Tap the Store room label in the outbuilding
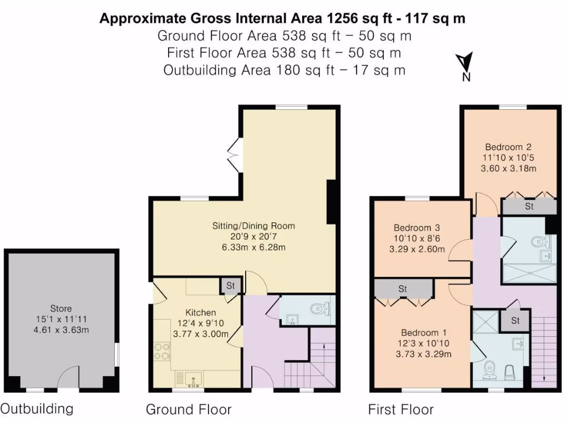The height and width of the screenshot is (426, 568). (x=61, y=308)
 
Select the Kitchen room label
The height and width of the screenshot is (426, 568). (x=201, y=313)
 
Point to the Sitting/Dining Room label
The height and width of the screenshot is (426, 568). (x=253, y=226)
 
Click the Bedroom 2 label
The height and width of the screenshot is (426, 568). (x=508, y=147)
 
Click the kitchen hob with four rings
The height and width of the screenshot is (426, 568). (x=161, y=352)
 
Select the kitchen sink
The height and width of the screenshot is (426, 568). (x=189, y=379)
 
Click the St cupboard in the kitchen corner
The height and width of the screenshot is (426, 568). (x=229, y=286)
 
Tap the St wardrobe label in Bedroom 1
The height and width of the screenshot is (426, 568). (x=403, y=289)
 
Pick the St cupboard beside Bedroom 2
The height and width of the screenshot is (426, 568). (x=529, y=207)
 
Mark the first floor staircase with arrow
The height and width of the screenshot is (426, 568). (x=542, y=349)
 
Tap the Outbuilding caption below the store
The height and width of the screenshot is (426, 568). (x=37, y=409)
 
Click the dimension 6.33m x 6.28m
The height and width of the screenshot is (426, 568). (x=253, y=247)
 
